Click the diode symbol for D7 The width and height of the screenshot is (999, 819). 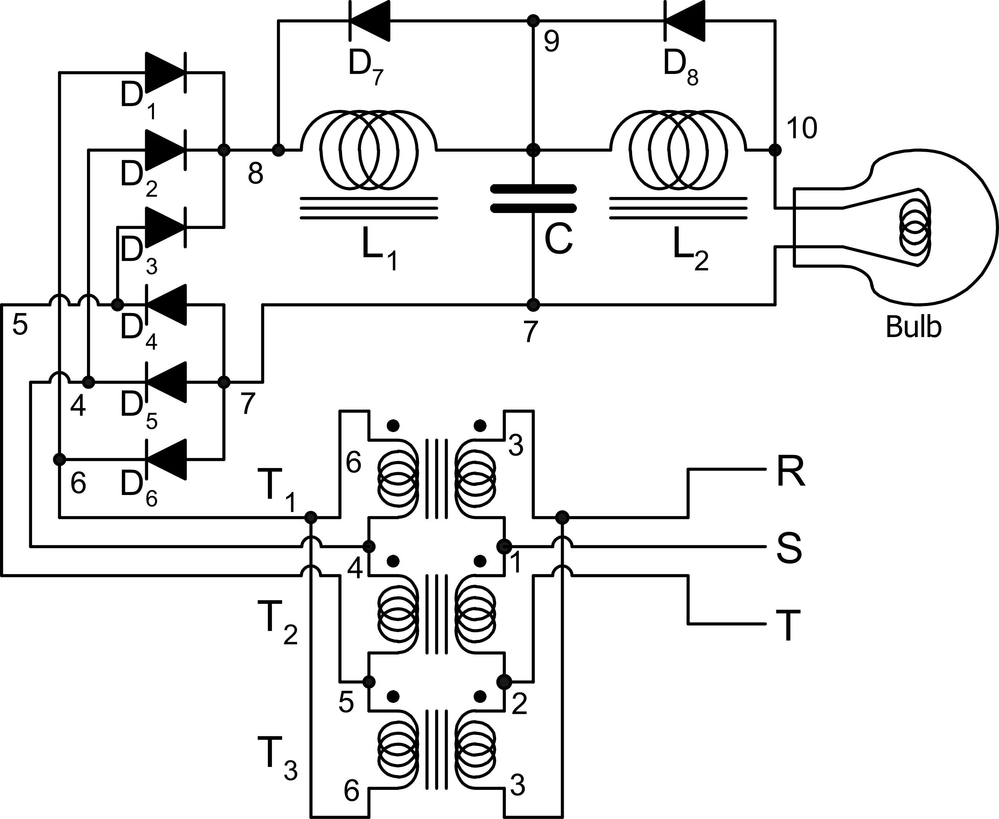370,21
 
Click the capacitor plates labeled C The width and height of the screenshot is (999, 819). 533,198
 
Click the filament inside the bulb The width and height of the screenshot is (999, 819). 915,227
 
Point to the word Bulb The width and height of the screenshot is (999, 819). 913,327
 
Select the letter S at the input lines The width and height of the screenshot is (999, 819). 789,548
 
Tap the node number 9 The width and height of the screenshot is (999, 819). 551,41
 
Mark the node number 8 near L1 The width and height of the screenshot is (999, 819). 255,174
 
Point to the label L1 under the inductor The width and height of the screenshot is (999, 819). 379,254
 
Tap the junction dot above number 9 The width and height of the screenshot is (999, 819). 533,21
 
